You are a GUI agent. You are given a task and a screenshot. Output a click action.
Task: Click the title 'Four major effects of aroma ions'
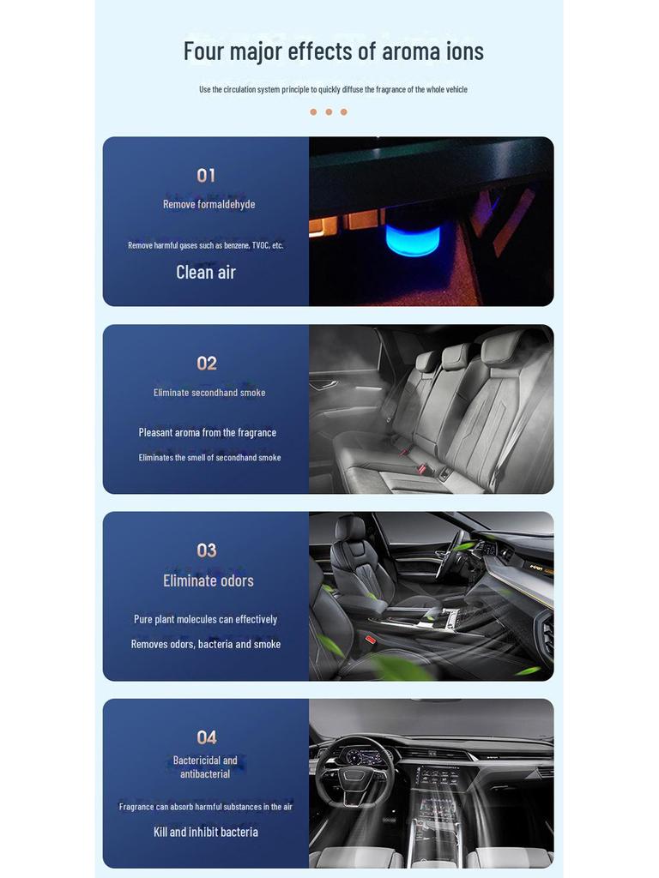point(333,51)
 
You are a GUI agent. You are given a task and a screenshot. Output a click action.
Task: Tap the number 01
point(206,176)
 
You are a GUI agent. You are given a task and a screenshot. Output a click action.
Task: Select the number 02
point(206,364)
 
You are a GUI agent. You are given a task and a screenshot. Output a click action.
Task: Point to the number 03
point(206,550)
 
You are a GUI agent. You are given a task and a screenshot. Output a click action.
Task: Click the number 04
point(206,737)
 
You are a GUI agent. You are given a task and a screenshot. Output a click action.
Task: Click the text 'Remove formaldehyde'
point(209,204)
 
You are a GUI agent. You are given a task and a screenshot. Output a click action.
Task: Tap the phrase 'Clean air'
point(206,272)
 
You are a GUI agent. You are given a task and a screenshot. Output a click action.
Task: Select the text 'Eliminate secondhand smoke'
point(209,393)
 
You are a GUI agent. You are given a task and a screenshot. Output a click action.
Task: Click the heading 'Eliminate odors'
point(209,580)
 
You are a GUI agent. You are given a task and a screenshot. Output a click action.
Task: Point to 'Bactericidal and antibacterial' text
point(205,767)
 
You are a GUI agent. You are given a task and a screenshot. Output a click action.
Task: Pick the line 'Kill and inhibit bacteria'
point(206,832)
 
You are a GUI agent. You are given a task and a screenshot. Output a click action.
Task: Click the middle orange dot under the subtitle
point(329,112)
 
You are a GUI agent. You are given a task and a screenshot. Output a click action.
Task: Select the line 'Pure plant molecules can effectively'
point(205,619)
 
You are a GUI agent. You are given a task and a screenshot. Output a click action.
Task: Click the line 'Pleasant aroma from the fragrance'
point(208,432)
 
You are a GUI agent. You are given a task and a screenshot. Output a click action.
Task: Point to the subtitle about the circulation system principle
point(333,89)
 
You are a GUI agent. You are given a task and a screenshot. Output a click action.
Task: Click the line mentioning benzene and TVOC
point(206,245)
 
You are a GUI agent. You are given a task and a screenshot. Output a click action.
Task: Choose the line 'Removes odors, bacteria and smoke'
point(206,644)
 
